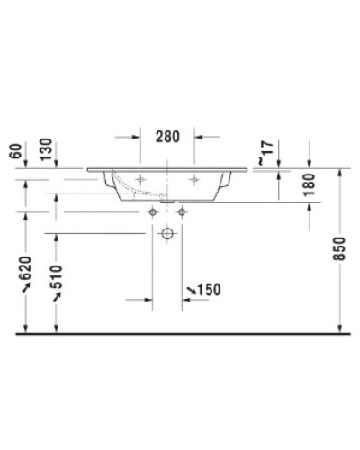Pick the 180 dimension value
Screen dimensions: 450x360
tap(309, 185)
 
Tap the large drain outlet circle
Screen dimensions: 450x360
tap(166, 234)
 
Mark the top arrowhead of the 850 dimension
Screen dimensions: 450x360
tap(338, 171)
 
